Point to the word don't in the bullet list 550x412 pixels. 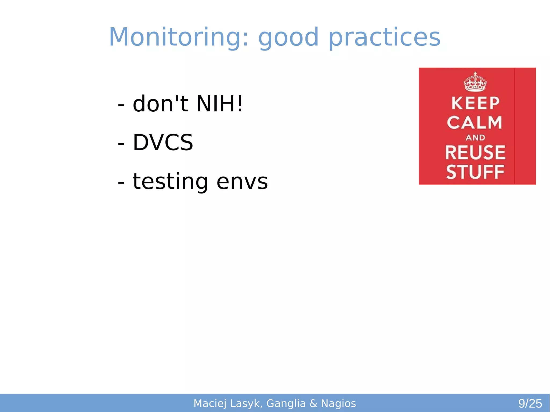coord(160,104)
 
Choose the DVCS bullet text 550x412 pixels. coord(163,143)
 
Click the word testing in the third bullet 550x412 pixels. coord(170,181)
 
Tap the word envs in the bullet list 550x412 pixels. coord(242,181)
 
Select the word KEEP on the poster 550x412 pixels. coord(475,103)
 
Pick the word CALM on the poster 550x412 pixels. coord(475,123)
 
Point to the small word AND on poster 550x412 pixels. coord(475,138)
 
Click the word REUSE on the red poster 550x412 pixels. coord(475,152)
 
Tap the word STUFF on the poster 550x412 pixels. coord(475,172)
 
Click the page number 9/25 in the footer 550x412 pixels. coord(530,403)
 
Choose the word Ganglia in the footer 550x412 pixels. coord(286,403)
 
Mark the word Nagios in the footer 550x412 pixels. coord(338,403)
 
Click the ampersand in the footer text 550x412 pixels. coord(313,403)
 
